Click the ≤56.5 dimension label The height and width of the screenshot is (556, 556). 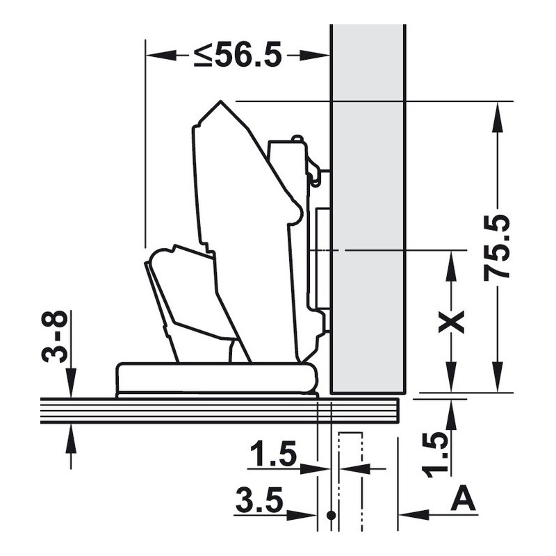pos(238,55)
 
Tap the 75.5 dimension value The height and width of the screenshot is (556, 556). pos(497,247)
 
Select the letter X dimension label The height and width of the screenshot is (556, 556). pos(451,322)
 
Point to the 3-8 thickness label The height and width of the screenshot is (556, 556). pos(54,336)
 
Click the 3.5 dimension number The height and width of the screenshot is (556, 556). pos(259,500)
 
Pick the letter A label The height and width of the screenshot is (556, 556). pos(463,498)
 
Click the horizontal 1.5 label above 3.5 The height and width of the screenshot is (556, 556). pos(273,454)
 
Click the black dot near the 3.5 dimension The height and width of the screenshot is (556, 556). pos(332,515)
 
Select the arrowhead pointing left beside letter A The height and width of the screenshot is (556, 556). pos(414,514)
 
